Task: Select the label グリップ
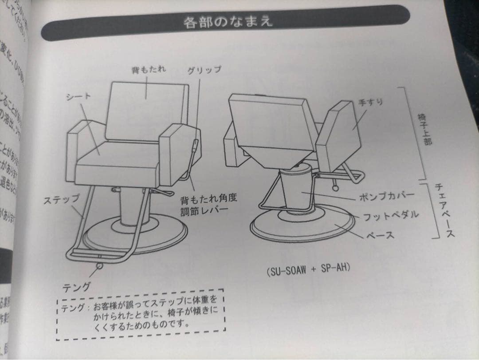[204, 70]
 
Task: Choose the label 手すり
[370, 102]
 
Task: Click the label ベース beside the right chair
[380, 235]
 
